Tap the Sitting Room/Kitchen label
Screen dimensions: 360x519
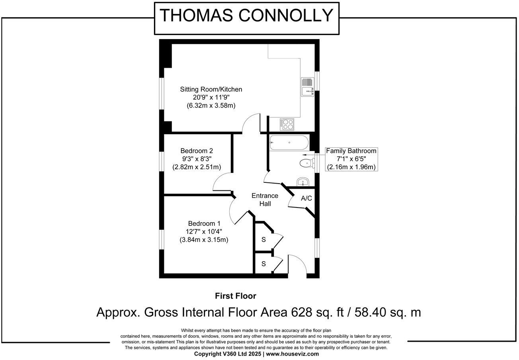pos(211,89)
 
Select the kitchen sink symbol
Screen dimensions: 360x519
pos(308,87)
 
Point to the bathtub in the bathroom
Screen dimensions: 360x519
pos(289,143)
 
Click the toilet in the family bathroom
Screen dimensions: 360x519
pos(306,162)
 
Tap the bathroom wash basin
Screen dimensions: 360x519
pos(303,182)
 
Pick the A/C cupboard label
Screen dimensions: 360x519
pos(306,198)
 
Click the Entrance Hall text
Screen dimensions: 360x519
pos(265,200)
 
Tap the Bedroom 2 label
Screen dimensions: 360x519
pos(197,151)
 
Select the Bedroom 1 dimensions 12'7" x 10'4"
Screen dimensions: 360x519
pos(204,231)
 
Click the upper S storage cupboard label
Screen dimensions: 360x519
pos(263,240)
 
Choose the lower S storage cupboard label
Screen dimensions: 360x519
pos(263,264)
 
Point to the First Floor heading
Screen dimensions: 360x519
pos(235,296)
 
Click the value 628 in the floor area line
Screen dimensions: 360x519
pos(300,312)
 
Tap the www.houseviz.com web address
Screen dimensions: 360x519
pos(292,354)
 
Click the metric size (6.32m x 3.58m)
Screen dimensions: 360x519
pos(211,106)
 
